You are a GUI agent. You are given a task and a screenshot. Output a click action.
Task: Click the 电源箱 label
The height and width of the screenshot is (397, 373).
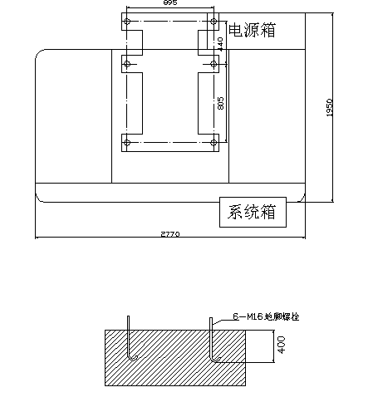point(252,31)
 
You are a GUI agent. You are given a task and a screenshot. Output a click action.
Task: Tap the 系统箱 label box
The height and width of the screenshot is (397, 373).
point(252,213)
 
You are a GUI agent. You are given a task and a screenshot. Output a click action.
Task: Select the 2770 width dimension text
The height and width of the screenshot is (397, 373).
point(169,235)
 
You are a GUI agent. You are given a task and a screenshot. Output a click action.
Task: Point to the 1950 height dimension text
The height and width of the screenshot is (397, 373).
point(330,108)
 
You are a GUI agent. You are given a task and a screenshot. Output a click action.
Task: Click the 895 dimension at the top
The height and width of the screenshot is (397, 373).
point(169,4)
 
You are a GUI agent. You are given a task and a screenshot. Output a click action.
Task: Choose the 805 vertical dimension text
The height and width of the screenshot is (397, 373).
point(220,103)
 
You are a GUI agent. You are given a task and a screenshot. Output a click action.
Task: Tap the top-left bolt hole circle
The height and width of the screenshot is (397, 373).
point(127,20)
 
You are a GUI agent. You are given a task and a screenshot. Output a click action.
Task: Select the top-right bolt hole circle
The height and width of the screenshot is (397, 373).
point(213,20)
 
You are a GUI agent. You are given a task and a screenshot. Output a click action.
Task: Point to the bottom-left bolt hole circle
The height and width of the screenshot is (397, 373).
point(127,144)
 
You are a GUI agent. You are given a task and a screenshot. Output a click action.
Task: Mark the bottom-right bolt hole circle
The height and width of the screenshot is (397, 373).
point(213,144)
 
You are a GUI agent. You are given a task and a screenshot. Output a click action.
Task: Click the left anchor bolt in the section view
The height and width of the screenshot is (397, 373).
point(130,341)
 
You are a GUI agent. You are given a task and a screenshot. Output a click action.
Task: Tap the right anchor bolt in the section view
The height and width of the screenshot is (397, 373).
point(213,341)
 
